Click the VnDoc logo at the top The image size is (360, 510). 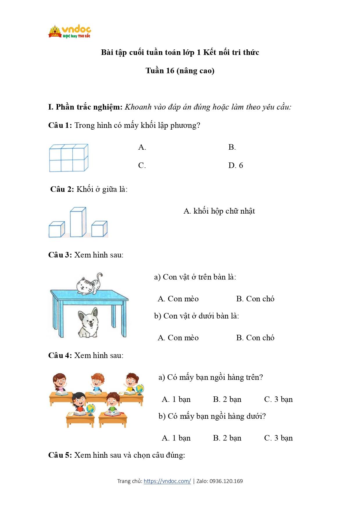[x=70, y=32]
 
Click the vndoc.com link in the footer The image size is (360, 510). [x=167, y=481]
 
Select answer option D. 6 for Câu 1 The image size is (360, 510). [x=235, y=165]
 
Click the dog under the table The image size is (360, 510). [x=88, y=322]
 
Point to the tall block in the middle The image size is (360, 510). [x=78, y=222]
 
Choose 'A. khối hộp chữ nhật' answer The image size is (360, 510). [x=219, y=211]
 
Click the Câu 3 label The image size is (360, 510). [x=60, y=255]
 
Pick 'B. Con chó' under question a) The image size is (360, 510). [x=255, y=299]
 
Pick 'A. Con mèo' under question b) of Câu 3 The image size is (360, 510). [x=178, y=338]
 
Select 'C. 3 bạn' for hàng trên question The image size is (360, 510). [x=278, y=399]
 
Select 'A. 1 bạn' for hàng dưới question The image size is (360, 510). [x=176, y=438]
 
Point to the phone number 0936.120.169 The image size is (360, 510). [x=226, y=481]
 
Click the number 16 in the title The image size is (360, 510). [x=170, y=71]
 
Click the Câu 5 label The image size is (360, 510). [x=60, y=455]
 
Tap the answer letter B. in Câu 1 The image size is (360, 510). [x=232, y=147]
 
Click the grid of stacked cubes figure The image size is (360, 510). [x=69, y=158]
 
